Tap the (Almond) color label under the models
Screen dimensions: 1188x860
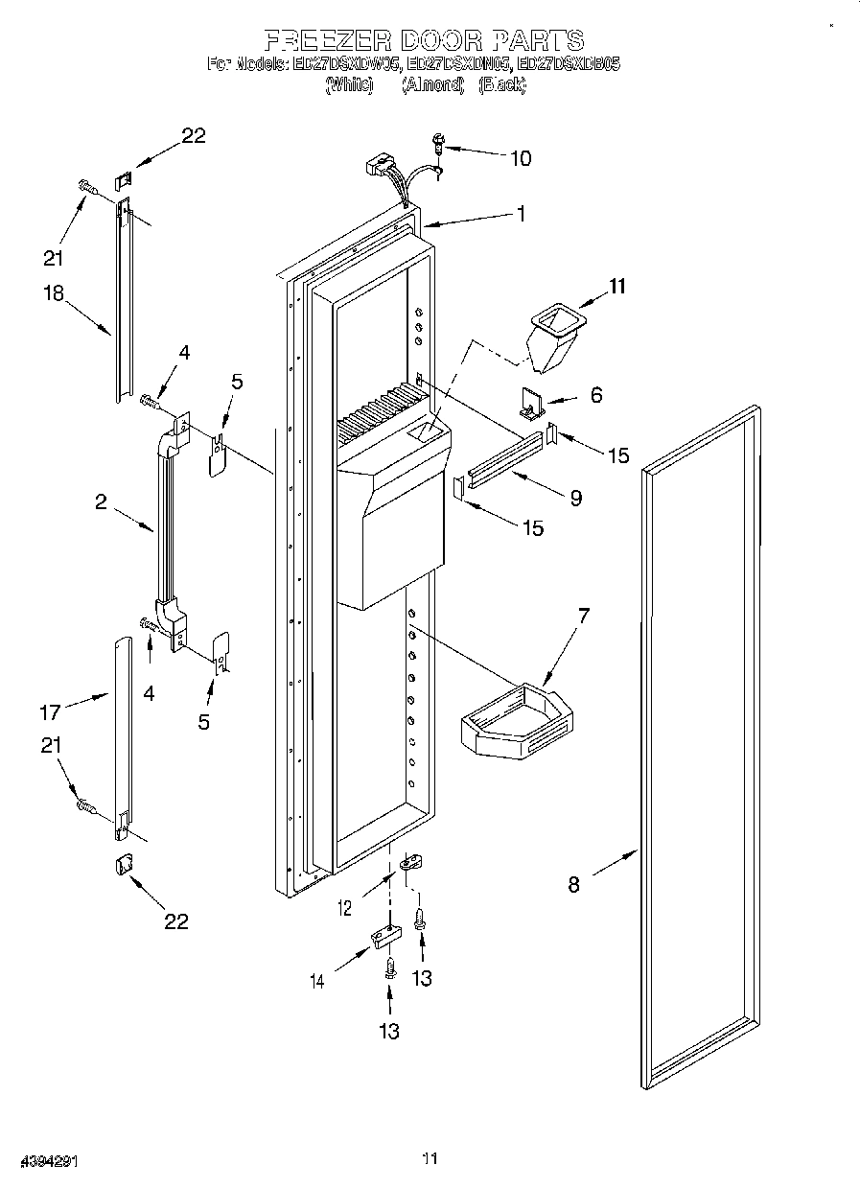(x=432, y=85)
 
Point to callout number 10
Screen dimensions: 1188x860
(x=520, y=158)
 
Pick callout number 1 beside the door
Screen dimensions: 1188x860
(x=521, y=215)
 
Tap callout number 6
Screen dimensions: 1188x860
(x=596, y=394)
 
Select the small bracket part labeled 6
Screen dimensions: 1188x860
(x=533, y=404)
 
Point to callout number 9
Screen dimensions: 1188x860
(x=575, y=498)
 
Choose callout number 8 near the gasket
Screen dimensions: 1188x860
(x=573, y=885)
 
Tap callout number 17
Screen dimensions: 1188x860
(x=50, y=711)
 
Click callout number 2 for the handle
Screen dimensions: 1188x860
(x=101, y=501)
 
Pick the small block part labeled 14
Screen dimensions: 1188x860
(x=385, y=936)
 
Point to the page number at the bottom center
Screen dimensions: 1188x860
(x=430, y=1159)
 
